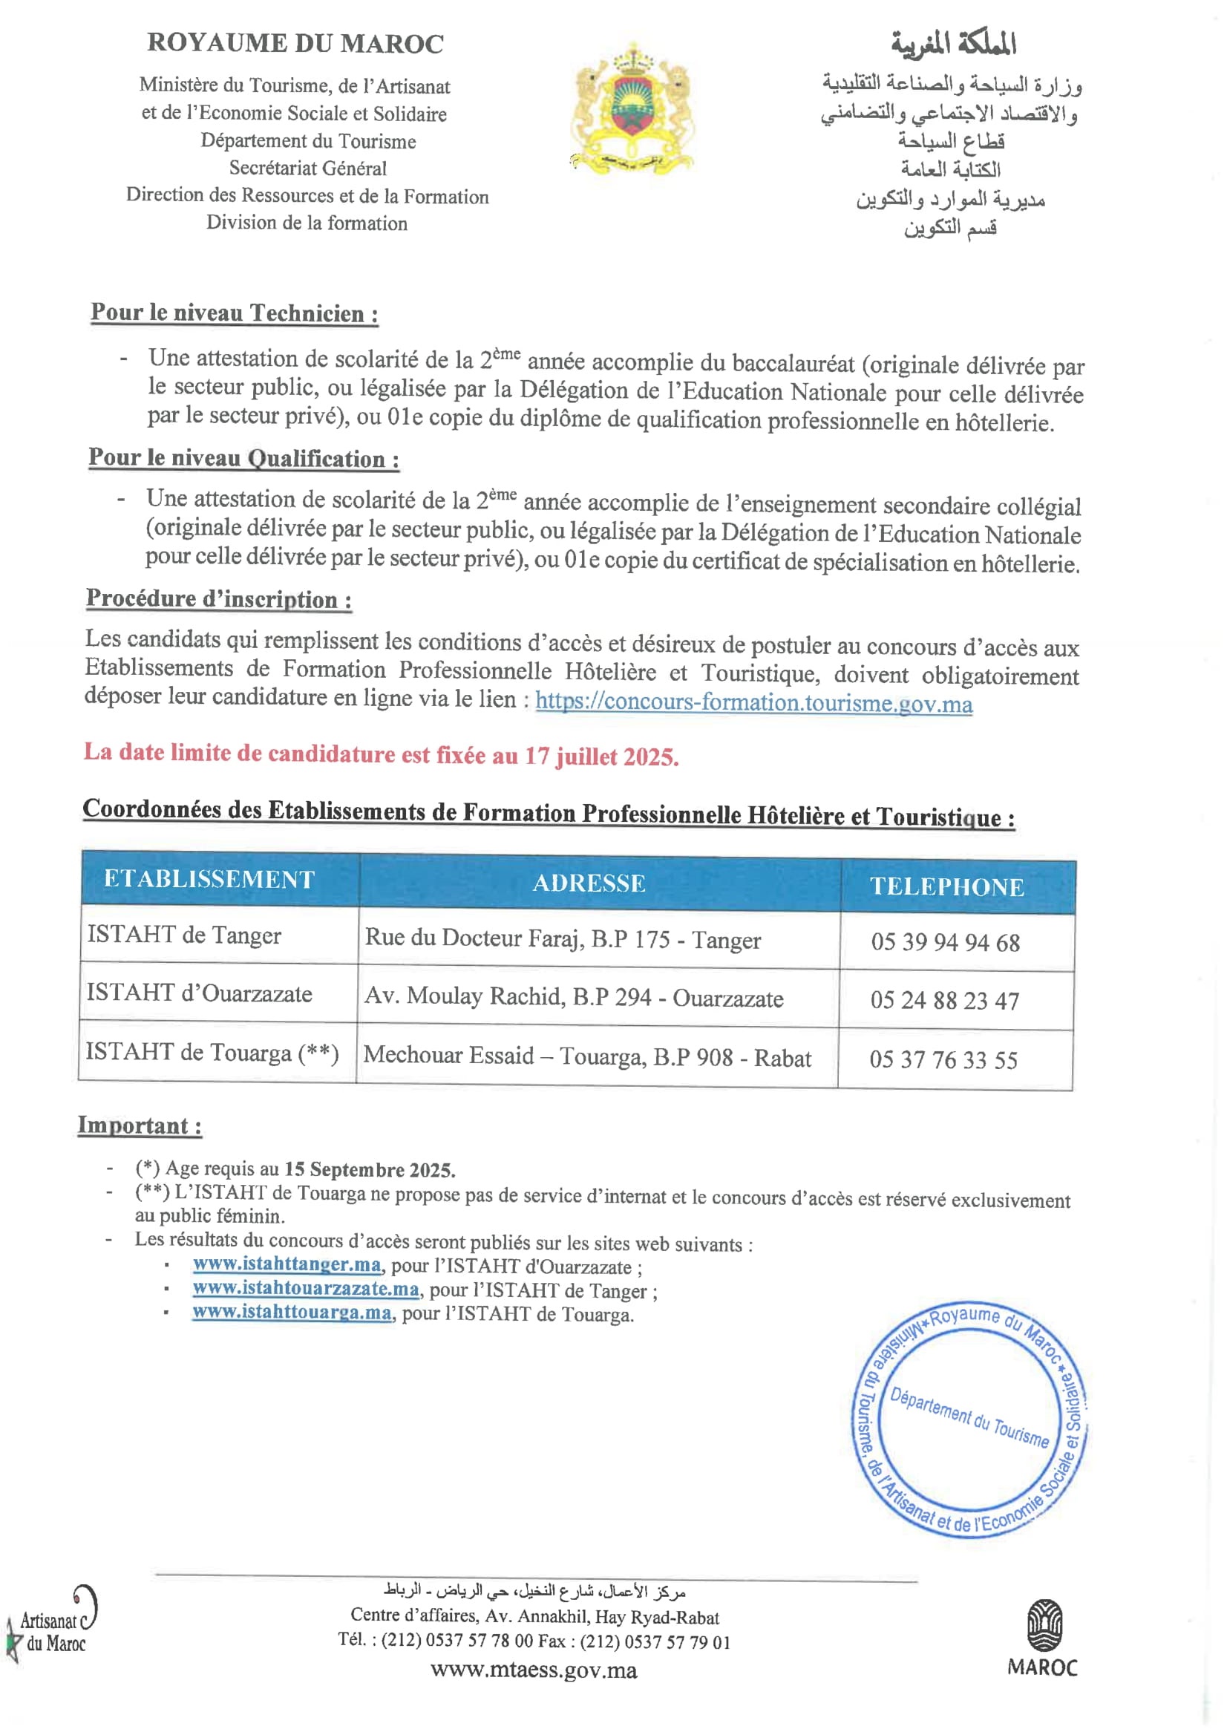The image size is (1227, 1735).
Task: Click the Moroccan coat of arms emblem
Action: [x=632, y=108]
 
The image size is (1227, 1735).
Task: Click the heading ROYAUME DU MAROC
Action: [x=295, y=43]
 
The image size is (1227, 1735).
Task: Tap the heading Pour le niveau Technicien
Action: [x=235, y=313]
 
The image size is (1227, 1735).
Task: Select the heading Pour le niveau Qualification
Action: [x=243, y=458]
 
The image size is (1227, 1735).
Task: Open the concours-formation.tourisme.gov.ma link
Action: [x=753, y=703]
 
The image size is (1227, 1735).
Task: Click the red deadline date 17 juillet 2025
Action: [x=601, y=757]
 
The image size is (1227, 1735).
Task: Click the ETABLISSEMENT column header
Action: [x=209, y=879]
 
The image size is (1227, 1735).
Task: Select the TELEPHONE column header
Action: [x=946, y=886]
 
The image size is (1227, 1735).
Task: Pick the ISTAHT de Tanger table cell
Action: [x=184, y=935]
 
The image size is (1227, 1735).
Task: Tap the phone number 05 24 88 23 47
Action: [x=944, y=1001]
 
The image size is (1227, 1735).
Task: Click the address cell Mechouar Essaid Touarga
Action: [x=587, y=1056]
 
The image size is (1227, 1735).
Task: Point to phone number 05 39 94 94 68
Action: [x=945, y=942]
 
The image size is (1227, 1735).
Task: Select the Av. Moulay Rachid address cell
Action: [x=574, y=998]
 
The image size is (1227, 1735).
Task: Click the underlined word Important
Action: [x=139, y=1125]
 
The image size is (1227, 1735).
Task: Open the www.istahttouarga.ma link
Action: [x=292, y=1312]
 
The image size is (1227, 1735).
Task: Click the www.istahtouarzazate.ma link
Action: [x=305, y=1288]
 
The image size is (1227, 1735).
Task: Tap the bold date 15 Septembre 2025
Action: [x=370, y=1170]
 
